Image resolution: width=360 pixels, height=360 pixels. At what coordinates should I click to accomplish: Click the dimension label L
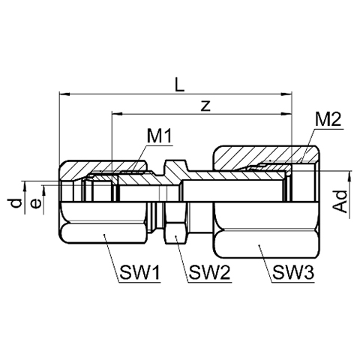point(179,85)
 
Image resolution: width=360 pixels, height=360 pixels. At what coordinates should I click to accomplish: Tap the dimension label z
point(205,106)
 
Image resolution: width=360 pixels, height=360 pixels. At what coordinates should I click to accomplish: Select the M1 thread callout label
point(160,136)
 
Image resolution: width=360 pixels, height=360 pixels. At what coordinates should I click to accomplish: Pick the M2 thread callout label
point(328,121)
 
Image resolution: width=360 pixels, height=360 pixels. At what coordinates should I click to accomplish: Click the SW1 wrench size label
point(139,273)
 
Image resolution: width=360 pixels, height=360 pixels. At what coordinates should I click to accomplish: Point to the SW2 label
point(209,273)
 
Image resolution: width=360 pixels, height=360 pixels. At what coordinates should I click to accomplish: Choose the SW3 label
point(293,273)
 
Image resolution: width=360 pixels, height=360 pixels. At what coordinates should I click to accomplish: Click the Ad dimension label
point(341,202)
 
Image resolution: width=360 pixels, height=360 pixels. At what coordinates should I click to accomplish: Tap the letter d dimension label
point(16,203)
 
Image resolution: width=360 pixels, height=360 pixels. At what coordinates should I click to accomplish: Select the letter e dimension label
point(36,203)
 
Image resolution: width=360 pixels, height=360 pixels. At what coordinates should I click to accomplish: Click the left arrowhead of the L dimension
point(64,94)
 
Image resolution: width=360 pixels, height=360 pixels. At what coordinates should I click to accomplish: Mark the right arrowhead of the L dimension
point(286,94)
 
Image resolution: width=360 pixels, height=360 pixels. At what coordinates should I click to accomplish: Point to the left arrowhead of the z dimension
point(117,114)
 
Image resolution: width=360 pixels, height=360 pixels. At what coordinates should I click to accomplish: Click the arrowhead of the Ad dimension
point(349,176)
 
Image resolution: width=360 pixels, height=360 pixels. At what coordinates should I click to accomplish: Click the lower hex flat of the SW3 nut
point(267,244)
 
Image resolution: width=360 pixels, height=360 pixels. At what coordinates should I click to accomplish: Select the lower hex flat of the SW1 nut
point(103,233)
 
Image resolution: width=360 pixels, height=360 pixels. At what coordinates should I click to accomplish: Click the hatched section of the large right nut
point(265,157)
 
